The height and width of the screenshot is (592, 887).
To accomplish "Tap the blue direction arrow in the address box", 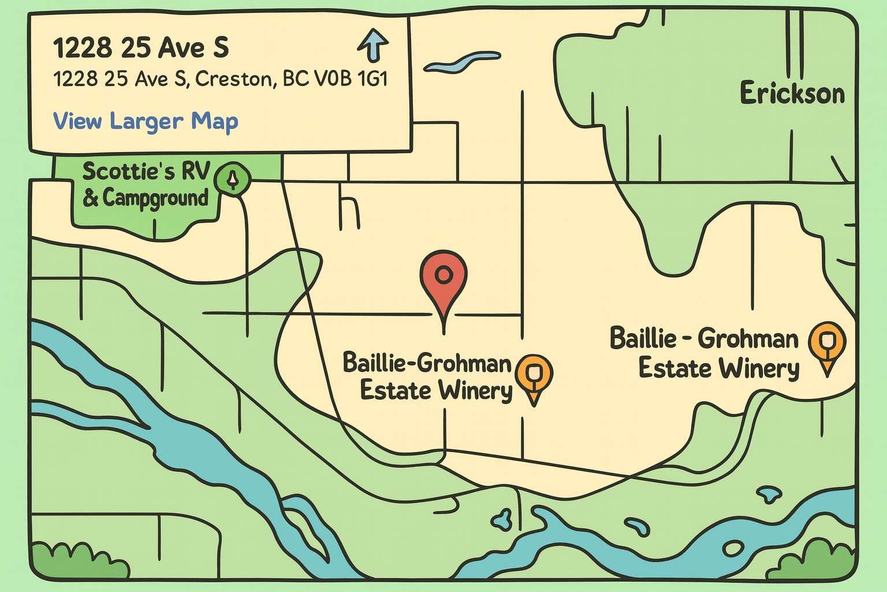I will pos(374,46).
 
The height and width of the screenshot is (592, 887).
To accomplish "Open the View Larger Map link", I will pos(146,121).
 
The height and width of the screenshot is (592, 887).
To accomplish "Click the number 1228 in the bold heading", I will pos(83,48).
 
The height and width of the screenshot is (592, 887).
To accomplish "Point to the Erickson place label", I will pos(792,94).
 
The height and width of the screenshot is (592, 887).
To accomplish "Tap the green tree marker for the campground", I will pos(233,180).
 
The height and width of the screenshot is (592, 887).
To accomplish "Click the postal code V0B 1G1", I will pos(350,79).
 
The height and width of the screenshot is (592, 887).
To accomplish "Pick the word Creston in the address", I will pos(234,79).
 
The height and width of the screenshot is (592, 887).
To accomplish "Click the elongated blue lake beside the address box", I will pos(462,62).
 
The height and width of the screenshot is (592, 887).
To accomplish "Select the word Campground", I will pos(155,198).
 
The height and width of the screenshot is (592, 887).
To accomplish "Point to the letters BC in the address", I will pos(295,79).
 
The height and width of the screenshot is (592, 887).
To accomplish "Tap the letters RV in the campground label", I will pos(196,171).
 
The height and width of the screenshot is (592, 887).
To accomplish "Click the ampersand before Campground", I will pos(90,198).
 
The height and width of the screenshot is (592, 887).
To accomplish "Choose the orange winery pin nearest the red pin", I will pos(534,375).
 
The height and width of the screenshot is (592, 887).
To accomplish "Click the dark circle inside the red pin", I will pos(443,274).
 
